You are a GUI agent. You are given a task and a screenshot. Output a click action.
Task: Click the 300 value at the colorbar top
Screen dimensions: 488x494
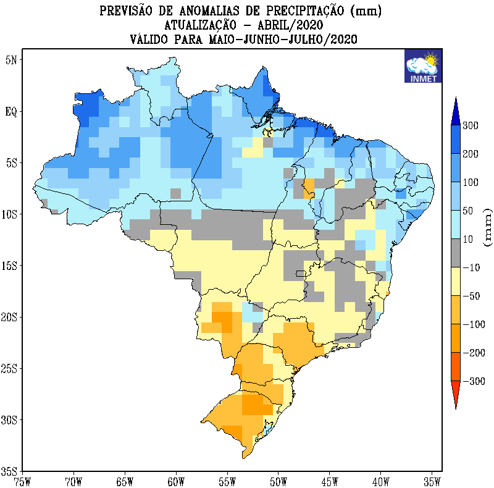pyautogui.click(x=471, y=126)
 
